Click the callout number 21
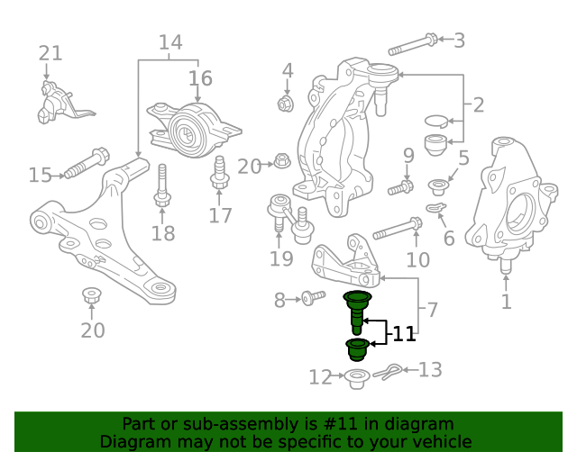coord(50,53)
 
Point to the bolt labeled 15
coord(87,163)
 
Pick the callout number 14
coord(170,42)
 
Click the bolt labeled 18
coord(162,185)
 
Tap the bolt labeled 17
coord(220,173)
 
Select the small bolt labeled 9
coord(400,187)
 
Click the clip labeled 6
coord(436,208)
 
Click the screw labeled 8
coord(313,298)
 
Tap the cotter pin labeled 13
coord(387,372)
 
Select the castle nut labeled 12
coord(356,379)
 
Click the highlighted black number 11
coord(404,334)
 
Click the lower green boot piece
coord(356,349)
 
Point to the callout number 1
coord(507,302)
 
